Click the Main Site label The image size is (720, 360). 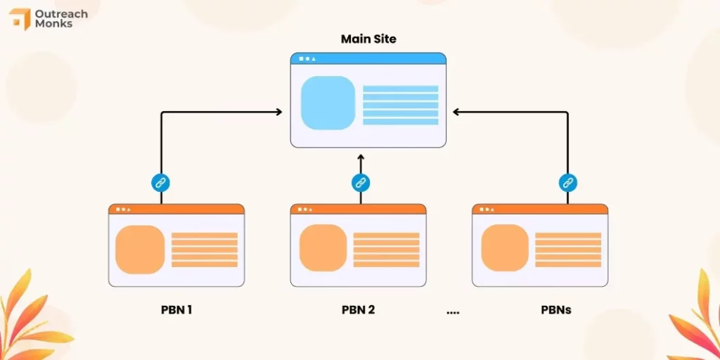pos(368,39)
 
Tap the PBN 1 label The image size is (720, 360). pos(176,310)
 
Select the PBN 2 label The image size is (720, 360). pos(358,310)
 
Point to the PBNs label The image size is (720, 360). pos(556,310)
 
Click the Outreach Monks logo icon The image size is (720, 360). pos(19,19)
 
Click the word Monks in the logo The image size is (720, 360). pos(53,23)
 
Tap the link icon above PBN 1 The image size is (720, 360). pos(161,183)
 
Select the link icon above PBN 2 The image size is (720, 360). pos(361,183)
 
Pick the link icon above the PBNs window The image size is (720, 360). pos(568,183)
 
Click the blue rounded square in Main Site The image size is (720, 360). pos(328,103)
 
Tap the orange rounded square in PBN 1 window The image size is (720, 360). pos(140,250)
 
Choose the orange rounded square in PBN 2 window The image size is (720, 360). pos(323,248)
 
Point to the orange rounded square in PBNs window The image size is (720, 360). pos(505,248)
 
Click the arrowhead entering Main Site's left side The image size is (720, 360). pos(278,112)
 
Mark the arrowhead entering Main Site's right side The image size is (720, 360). pos(456,112)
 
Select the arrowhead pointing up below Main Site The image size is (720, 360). pos(361,157)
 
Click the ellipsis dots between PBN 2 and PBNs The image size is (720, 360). pos(453,313)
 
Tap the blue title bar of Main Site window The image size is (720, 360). pos(368,58)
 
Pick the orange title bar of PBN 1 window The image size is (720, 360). pos(176,209)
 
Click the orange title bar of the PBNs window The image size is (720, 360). pos(540,209)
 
